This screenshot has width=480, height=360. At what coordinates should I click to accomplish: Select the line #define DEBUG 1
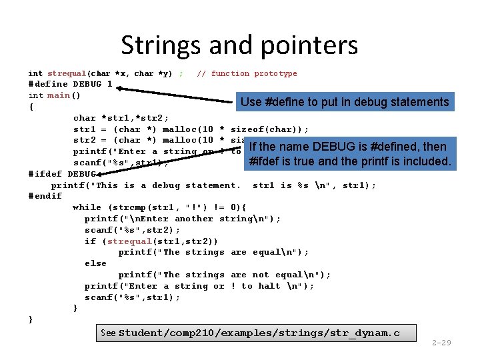pyautogui.click(x=70, y=84)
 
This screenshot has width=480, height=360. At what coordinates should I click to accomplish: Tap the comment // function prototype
pyautogui.click(x=247, y=73)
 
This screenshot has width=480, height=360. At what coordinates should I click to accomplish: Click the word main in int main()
pyautogui.click(x=59, y=95)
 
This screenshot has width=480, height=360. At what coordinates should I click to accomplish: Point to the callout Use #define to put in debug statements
pyautogui.click(x=345, y=102)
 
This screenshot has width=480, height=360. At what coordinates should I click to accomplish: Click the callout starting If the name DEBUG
pyautogui.click(x=349, y=154)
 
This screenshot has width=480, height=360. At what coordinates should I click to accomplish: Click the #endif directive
pyautogui.click(x=45, y=196)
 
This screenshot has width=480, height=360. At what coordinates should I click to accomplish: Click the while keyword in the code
pyautogui.click(x=87, y=207)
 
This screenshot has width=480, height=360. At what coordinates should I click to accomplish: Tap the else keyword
pyautogui.click(x=95, y=263)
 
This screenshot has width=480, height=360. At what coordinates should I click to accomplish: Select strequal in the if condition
pyautogui.click(x=129, y=241)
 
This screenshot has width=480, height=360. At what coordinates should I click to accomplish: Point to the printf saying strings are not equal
pyautogui.click(x=224, y=275)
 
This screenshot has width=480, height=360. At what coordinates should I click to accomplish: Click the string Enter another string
pyautogui.click(x=185, y=219)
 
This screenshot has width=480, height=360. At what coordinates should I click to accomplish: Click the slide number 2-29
pyautogui.click(x=441, y=343)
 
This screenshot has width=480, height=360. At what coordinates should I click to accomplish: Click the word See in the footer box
pyautogui.click(x=107, y=332)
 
